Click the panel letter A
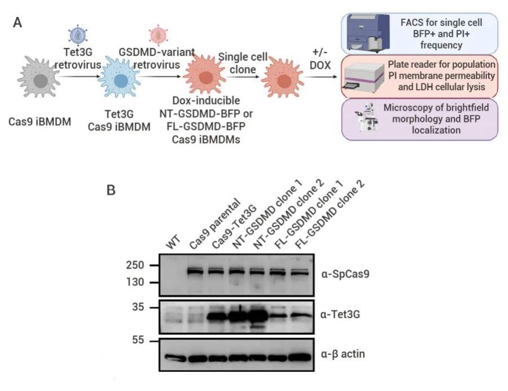pyautogui.click(x=17, y=23)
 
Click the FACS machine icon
pyautogui.click(x=363, y=33)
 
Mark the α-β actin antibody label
pyautogui.click(x=342, y=354)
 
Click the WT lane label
pyautogui.click(x=173, y=245)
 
